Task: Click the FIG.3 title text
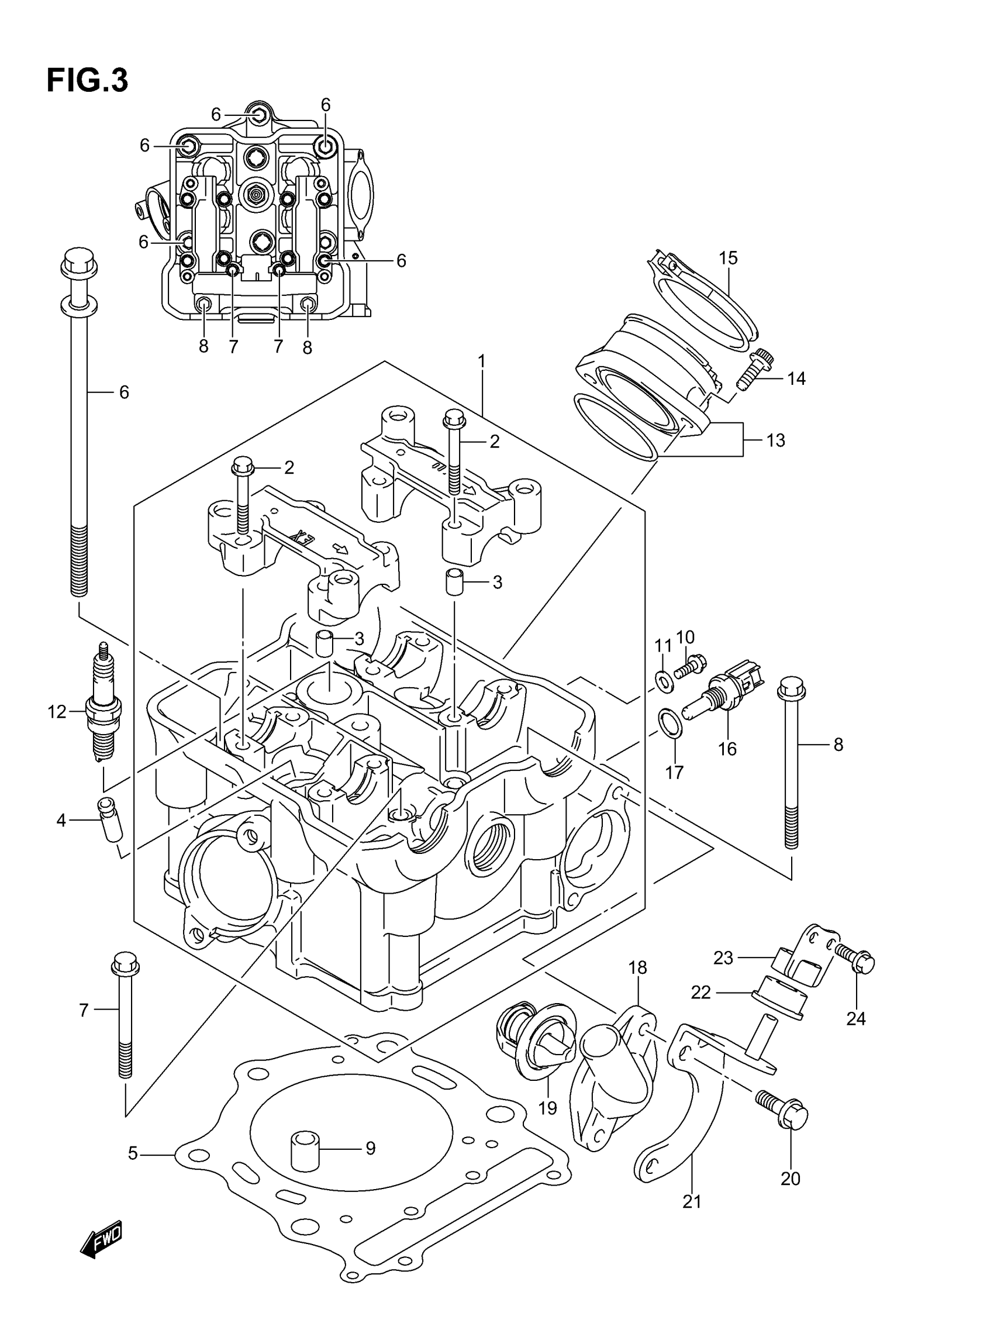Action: click(x=87, y=81)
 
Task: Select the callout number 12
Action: click(x=57, y=712)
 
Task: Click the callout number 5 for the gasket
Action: click(x=133, y=1153)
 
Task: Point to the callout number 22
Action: click(x=700, y=993)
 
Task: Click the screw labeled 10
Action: click(x=691, y=666)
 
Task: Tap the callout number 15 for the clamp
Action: click(x=728, y=259)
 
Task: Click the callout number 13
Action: click(x=775, y=441)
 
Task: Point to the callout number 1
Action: click(x=481, y=361)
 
